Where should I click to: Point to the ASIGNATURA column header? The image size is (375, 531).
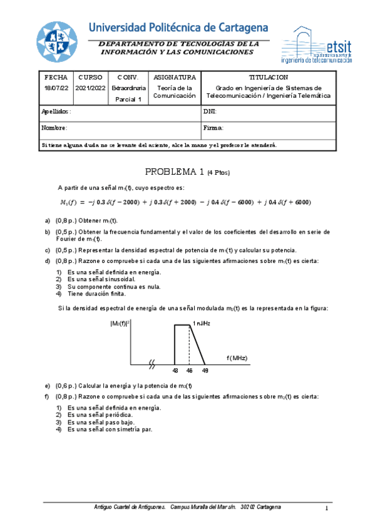175,77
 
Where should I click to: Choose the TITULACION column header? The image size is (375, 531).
269,77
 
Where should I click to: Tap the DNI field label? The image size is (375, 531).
210,111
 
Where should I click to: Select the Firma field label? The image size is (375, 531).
213,128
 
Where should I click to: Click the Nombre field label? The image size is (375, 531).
54,128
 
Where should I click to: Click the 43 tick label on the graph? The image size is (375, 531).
175,371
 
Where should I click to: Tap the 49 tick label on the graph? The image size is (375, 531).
205,371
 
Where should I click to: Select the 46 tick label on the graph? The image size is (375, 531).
189,371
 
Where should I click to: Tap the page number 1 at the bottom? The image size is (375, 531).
327,507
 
